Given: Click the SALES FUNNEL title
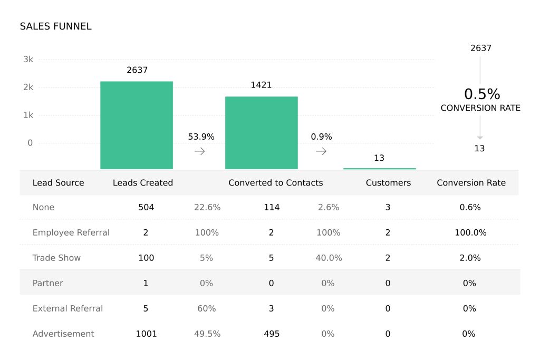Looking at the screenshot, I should [55, 26].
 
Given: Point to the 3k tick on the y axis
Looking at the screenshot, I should [28, 60].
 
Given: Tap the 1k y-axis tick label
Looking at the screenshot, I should [28, 115].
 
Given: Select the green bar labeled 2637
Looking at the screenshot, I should [137, 125].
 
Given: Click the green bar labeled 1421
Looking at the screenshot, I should [261, 132].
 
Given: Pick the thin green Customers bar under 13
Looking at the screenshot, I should [379, 169].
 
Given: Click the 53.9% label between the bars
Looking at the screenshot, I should [201, 137].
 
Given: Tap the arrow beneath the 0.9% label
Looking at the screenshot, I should [321, 151].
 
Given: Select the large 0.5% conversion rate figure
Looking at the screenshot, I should [481, 94].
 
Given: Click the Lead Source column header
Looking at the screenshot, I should [58, 183].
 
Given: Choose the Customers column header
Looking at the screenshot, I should [388, 183].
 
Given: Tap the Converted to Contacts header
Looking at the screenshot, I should [275, 183].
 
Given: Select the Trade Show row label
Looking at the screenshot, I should [56, 258].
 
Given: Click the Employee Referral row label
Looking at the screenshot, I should [71, 232].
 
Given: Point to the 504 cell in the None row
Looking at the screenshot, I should [146, 208].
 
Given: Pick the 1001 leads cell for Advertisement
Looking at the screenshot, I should [146, 334].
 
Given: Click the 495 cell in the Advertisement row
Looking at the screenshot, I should [272, 334].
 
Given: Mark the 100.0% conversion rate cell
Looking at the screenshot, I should [470, 232].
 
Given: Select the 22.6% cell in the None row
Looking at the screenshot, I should [207, 208].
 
